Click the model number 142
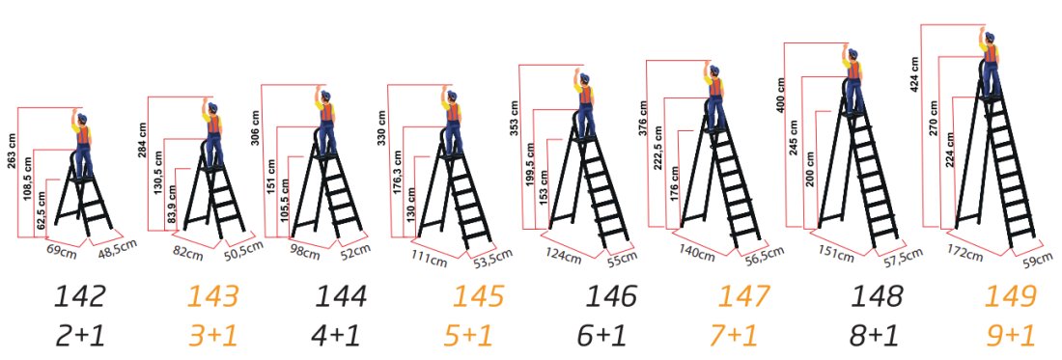click(x=80, y=297)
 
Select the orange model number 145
click(x=479, y=297)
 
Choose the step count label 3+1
click(x=213, y=335)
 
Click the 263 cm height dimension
click(x=12, y=153)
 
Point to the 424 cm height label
click(x=914, y=74)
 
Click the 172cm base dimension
click(x=965, y=256)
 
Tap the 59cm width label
click(x=1037, y=258)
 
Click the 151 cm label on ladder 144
click(x=272, y=176)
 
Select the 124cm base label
click(x=568, y=257)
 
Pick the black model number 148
click(x=878, y=297)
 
